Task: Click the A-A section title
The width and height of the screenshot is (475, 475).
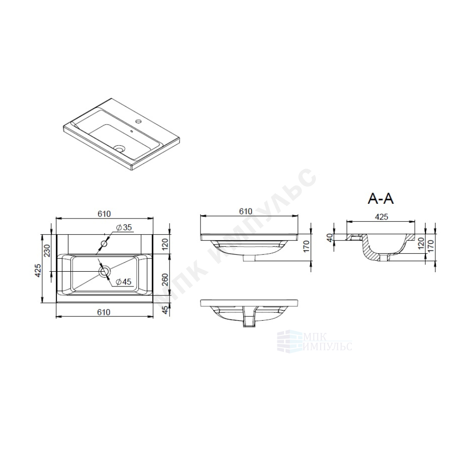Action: (380, 199)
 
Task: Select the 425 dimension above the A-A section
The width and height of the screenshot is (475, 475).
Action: (381, 217)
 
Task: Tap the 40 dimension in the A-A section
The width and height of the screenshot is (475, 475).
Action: (330, 237)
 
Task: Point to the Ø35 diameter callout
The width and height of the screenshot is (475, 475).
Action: (124, 227)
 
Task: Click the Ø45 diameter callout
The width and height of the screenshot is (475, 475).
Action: (123, 282)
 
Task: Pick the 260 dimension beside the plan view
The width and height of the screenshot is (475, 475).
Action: (165, 280)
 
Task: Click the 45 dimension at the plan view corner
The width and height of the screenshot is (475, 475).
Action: (165, 310)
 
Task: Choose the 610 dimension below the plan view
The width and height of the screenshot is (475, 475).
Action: (104, 312)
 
